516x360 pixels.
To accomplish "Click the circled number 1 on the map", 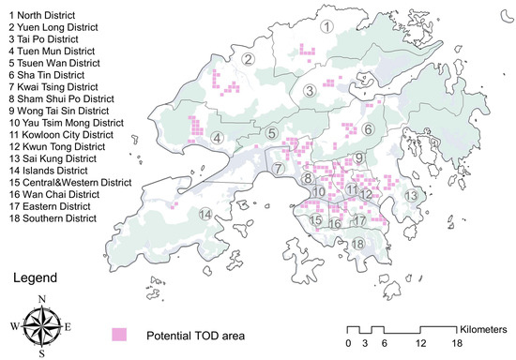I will point(326,26).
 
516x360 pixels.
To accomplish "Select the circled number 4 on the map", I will point(217,139).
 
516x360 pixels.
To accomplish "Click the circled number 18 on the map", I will point(357,244).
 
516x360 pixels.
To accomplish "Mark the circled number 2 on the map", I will point(250,60).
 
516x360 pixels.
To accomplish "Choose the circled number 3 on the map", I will point(309,90).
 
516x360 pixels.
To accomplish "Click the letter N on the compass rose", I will point(40,299).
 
